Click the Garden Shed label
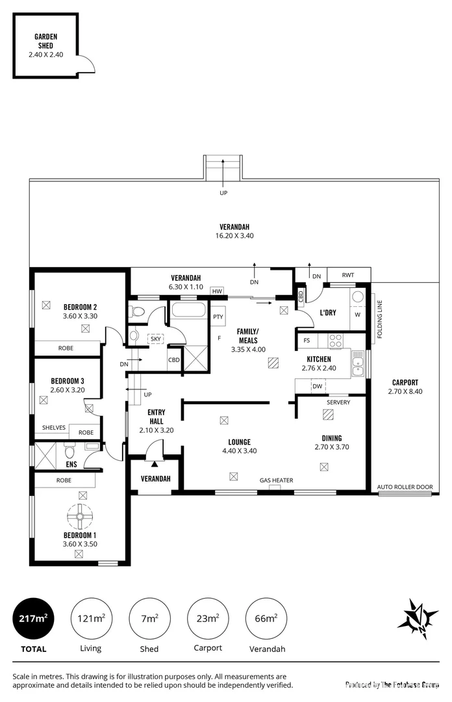click(45, 42)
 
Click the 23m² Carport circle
click(208, 618)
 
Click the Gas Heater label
click(277, 480)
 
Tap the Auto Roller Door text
click(405, 487)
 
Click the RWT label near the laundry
click(348, 276)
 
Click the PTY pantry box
click(218, 317)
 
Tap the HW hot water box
click(217, 291)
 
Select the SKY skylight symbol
click(156, 339)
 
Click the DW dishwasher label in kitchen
click(317, 386)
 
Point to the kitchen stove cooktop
click(336, 339)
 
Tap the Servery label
click(338, 402)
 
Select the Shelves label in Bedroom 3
click(54, 428)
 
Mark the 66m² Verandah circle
click(266, 618)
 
